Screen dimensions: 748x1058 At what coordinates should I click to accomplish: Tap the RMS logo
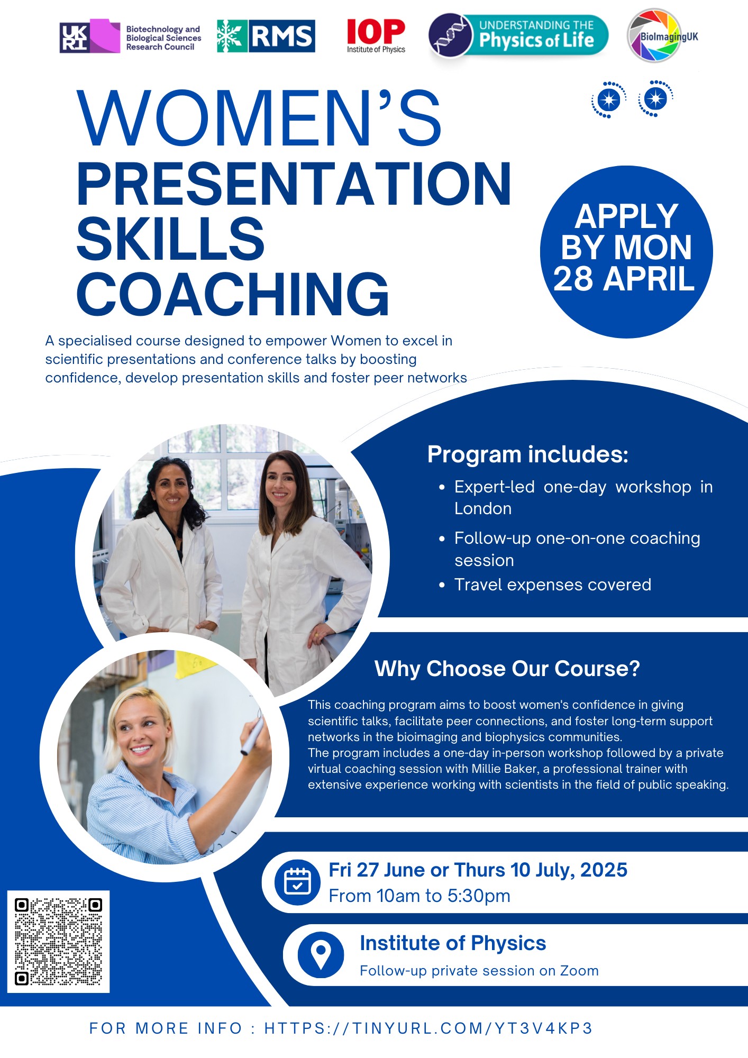tap(266, 37)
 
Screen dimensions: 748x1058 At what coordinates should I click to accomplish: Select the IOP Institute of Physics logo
tap(376, 36)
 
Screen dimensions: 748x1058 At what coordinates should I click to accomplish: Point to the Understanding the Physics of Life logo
tap(518, 35)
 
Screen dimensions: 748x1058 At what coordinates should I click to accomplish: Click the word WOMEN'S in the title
tap(259, 118)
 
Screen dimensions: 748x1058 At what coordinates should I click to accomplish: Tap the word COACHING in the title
tap(233, 294)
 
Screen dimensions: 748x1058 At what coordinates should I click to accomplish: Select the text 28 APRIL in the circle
tap(624, 279)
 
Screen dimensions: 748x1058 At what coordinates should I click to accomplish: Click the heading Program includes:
tap(527, 454)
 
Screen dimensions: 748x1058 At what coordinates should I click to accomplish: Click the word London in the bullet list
tap(483, 508)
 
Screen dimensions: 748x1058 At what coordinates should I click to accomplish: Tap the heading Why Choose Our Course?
tap(507, 669)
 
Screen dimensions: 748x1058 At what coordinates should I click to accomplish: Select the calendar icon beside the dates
tap(297, 882)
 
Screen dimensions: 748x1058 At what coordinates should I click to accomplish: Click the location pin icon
tap(321, 955)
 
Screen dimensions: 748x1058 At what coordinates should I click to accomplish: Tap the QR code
tap(58, 942)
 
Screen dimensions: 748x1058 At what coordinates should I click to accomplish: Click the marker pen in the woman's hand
tap(251, 733)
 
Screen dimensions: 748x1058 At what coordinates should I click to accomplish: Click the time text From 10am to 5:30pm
tap(419, 896)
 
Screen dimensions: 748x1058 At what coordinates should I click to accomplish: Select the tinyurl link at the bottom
tap(428, 1028)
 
